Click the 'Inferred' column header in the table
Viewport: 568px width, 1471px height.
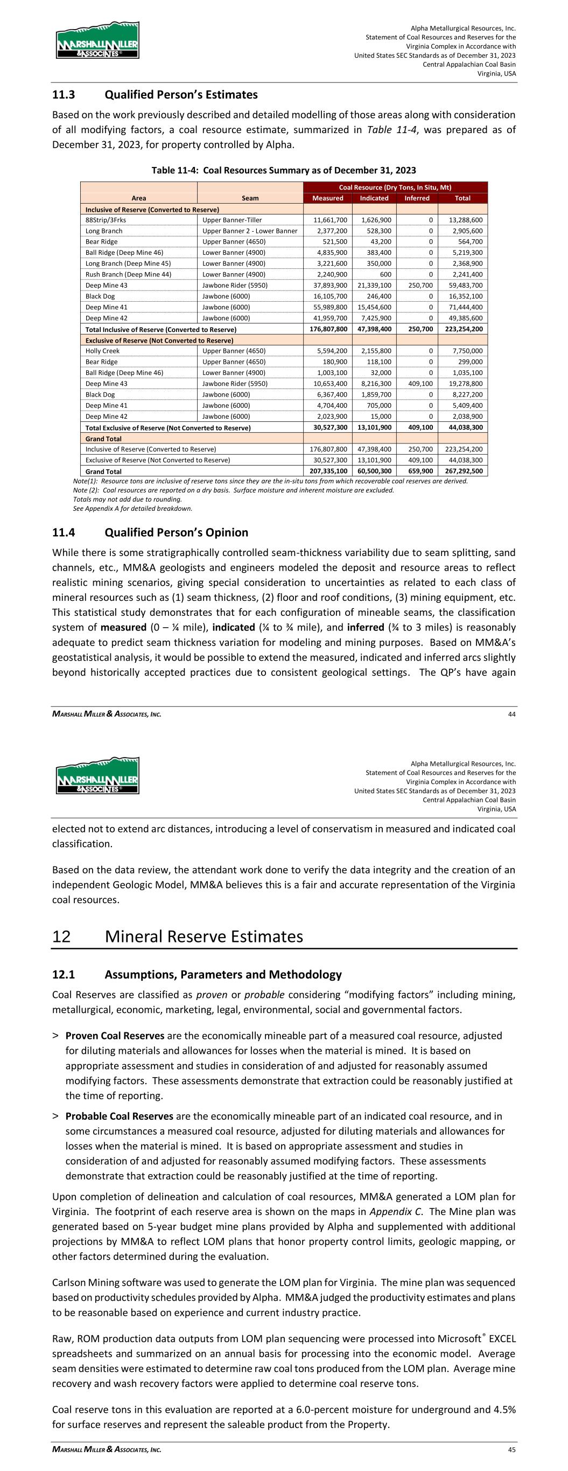tap(417, 198)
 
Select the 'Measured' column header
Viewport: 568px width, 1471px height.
tap(328, 198)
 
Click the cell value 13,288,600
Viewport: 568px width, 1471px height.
tap(462, 220)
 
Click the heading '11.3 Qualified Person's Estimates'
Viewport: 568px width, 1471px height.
tap(155, 94)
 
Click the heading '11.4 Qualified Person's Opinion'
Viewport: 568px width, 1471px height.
tap(150, 532)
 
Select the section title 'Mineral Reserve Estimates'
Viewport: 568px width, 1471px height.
tap(204, 936)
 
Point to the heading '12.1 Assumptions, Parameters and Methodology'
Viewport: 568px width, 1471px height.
tap(197, 974)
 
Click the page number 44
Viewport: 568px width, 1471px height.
tap(511, 713)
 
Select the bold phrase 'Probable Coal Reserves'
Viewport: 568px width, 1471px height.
tap(120, 1116)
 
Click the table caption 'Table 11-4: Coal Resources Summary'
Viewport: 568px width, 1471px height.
tap(283, 170)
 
